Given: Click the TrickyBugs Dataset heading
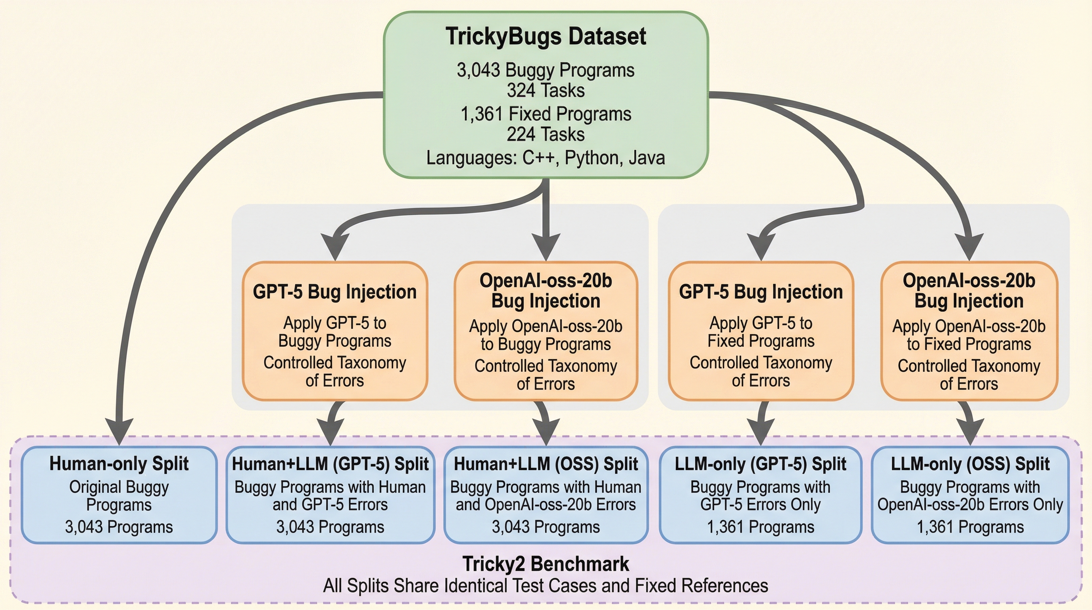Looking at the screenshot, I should (546, 36).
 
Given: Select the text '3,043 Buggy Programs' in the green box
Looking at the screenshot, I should (546, 70).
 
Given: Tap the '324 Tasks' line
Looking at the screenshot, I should (546, 91).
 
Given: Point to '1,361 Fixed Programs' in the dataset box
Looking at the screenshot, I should (546, 114).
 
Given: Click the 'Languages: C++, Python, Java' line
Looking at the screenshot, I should (546, 158).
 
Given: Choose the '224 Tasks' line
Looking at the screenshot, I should (546, 135).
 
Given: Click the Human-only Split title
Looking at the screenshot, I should (119, 463).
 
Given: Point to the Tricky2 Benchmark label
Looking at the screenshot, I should (546, 564).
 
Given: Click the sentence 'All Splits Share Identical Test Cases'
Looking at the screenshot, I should (546, 586).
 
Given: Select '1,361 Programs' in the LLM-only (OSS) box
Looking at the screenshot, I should (970, 527).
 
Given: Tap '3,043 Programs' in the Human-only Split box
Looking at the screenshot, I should (119, 527).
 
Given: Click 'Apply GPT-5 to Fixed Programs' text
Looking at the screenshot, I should (761, 332).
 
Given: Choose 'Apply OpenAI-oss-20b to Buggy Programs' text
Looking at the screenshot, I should (546, 335).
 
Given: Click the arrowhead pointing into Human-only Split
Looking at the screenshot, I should (119, 432).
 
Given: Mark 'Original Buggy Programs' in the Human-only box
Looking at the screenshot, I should (119, 496).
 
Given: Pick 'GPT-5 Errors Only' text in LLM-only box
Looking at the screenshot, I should (761, 505).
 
